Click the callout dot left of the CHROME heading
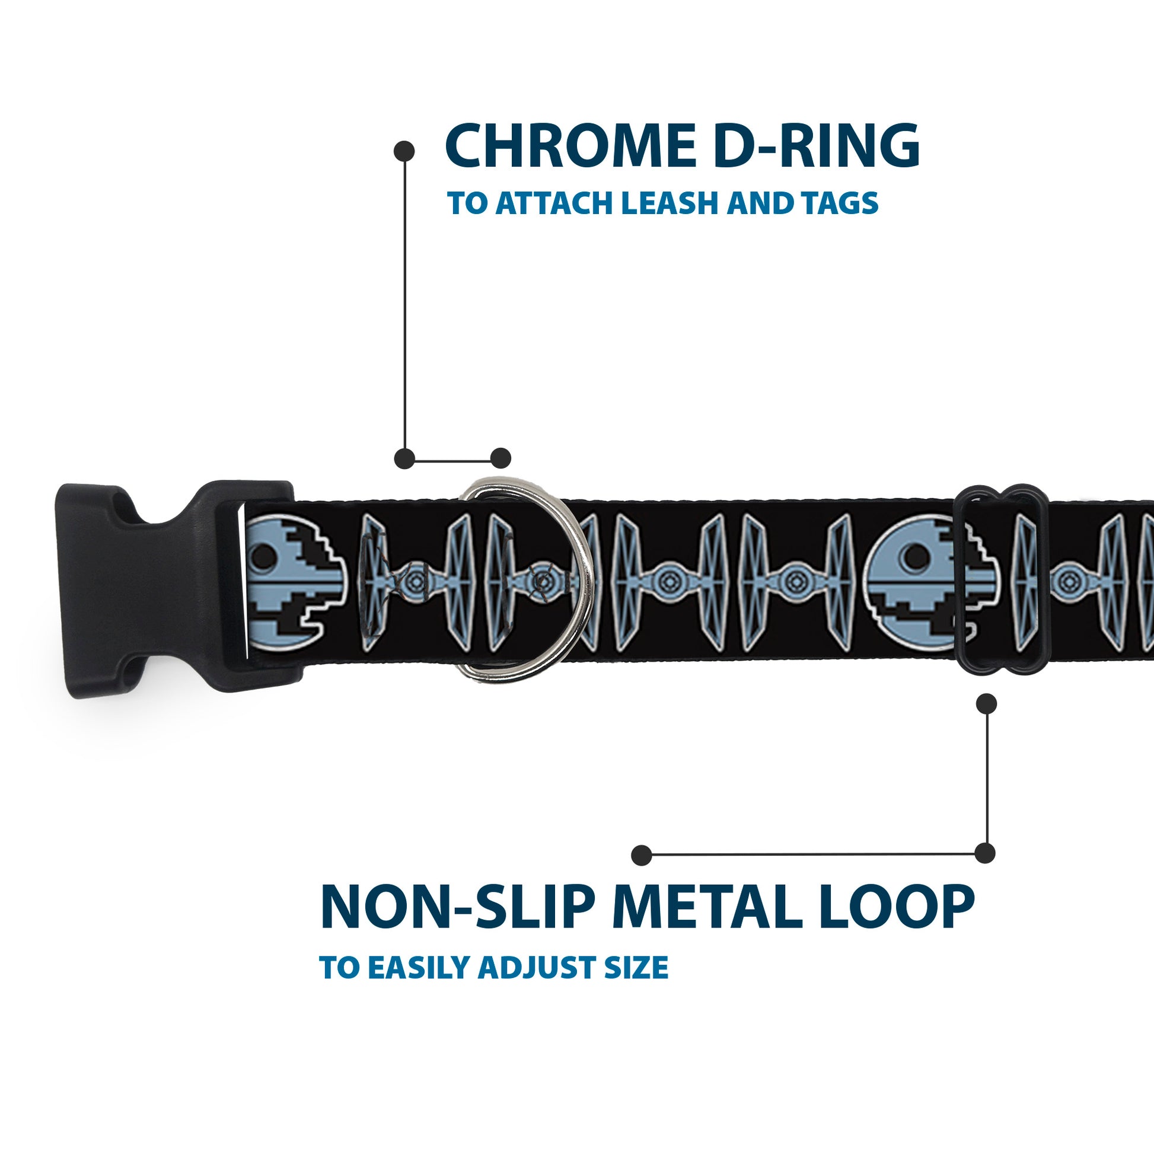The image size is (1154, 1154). [404, 151]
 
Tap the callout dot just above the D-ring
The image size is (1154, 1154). [501, 458]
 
